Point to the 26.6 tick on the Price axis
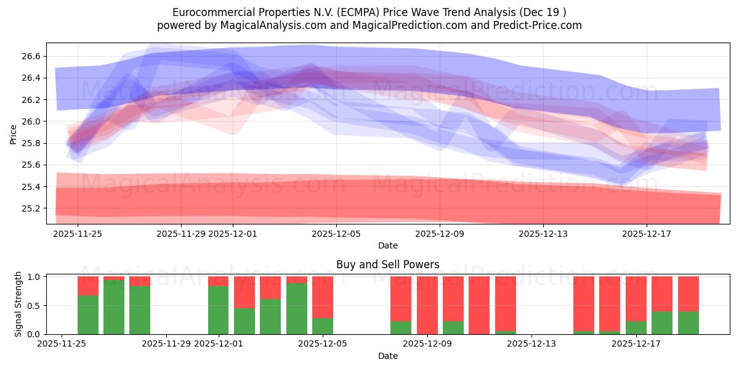coord(32,56)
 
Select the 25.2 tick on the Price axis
coord(32,208)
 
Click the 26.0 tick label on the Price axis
coord(32,121)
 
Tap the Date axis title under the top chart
coord(387,245)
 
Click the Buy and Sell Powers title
coord(387,265)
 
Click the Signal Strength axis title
coord(18,304)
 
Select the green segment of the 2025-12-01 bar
coord(218,310)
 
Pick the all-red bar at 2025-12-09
coord(427,305)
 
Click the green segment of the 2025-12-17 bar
coord(636,327)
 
